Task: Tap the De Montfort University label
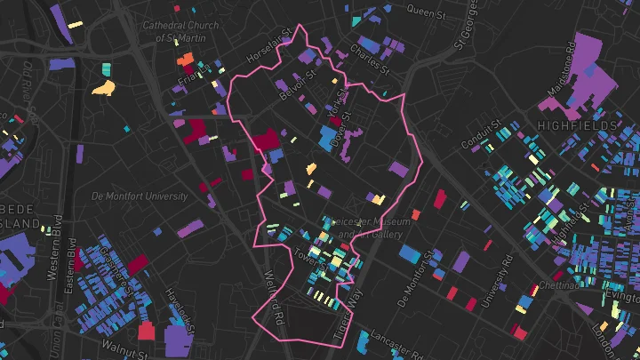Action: coord(140,196)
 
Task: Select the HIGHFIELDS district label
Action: coord(577,126)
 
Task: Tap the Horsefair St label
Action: coord(269,45)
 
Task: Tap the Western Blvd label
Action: coord(58,238)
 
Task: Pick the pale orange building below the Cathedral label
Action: coord(104,87)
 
